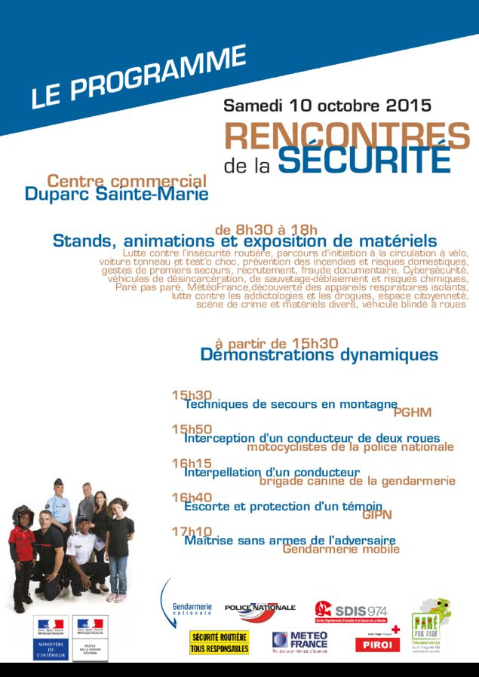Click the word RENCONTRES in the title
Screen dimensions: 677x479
pos(346,136)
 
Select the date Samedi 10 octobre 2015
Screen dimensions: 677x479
pos(327,105)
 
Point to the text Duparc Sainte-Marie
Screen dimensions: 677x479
pos(116,195)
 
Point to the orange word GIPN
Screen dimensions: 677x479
pos(377,515)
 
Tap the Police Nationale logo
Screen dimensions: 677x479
pos(259,608)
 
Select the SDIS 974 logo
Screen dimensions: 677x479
pos(351,609)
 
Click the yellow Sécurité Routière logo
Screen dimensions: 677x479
pos(220,642)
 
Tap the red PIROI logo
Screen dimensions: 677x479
pos(376,643)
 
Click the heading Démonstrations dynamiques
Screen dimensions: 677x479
pos(319,354)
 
